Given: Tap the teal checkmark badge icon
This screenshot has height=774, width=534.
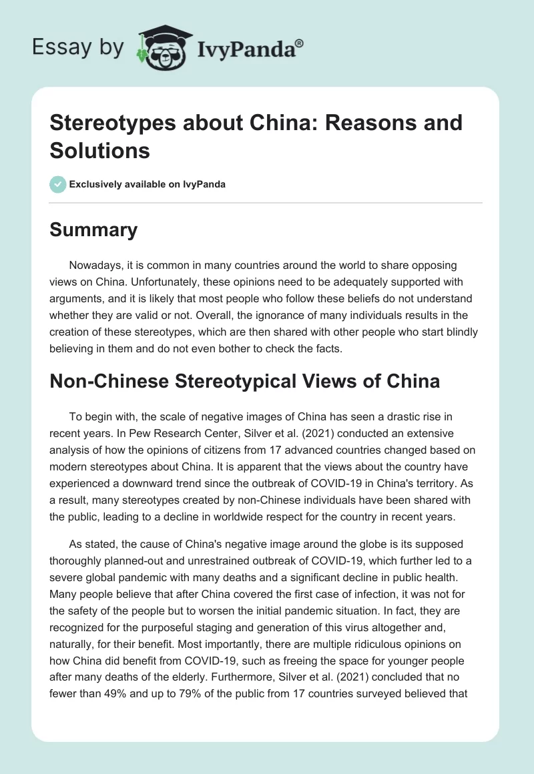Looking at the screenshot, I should click(58, 184).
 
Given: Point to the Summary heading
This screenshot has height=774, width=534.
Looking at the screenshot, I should click(93, 230).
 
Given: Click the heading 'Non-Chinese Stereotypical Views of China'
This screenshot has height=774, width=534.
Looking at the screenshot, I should click(245, 381).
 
